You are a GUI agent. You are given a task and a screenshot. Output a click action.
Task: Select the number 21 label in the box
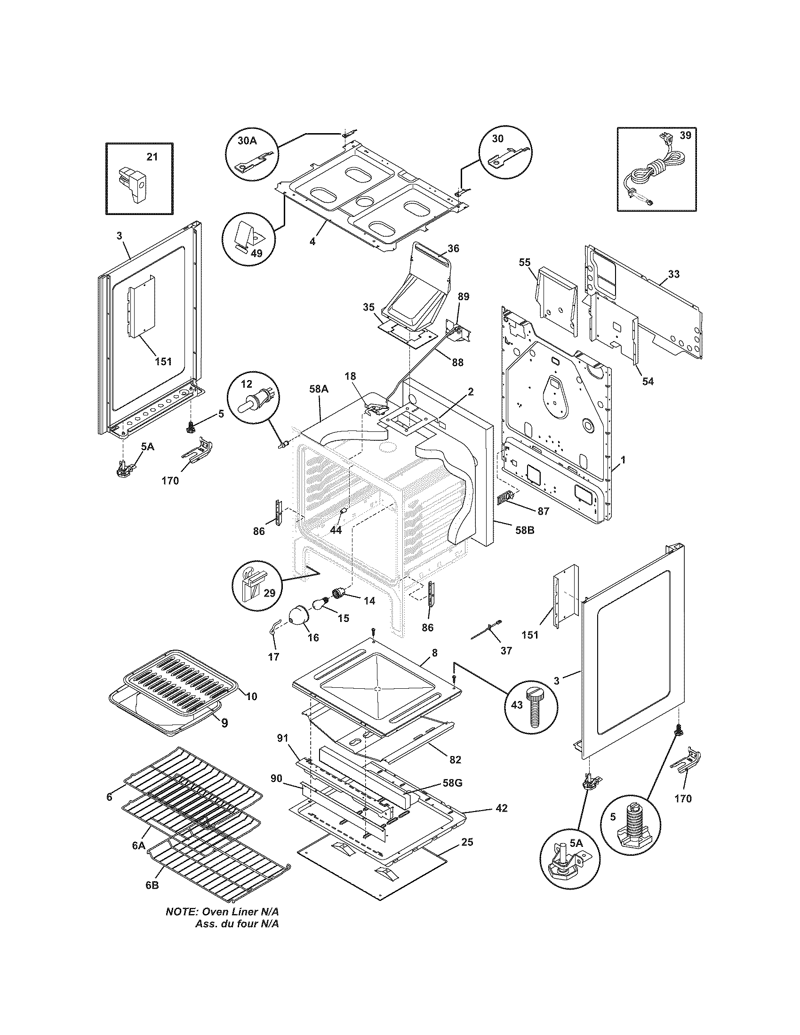click(152, 157)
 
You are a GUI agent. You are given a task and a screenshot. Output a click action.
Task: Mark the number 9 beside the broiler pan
click(224, 723)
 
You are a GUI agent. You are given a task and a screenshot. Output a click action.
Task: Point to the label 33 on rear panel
click(673, 274)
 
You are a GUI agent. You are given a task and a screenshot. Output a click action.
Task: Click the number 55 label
click(525, 262)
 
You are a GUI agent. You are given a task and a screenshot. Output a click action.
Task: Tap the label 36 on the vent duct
click(453, 248)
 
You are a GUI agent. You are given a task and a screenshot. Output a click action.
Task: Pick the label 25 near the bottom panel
click(466, 842)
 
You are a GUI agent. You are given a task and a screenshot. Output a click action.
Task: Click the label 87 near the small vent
click(543, 511)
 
